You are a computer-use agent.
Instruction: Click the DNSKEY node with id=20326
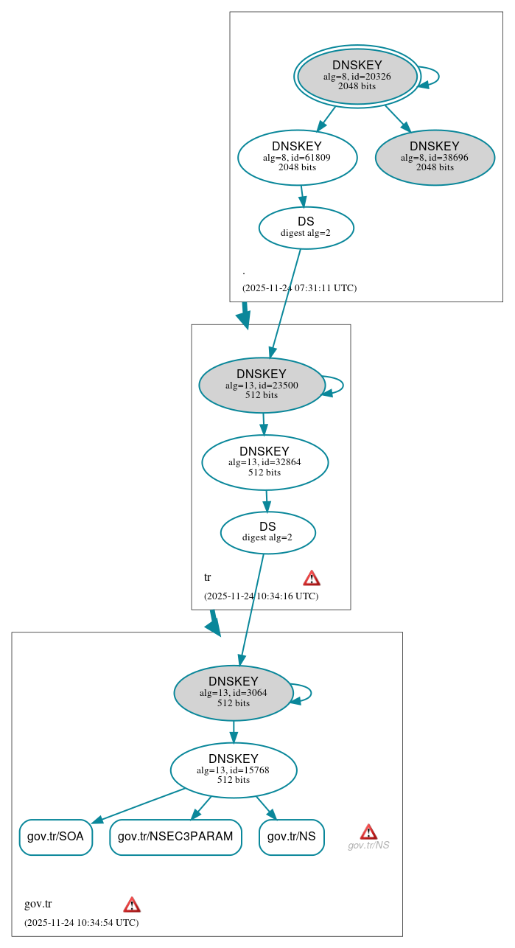pyautogui.click(x=357, y=76)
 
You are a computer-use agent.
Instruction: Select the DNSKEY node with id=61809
pyautogui.click(x=297, y=157)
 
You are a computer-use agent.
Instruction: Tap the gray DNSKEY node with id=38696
pyautogui.click(x=435, y=157)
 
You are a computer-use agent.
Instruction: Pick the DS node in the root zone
pyautogui.click(x=306, y=228)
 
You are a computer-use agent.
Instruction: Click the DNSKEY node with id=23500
pyautogui.click(x=262, y=385)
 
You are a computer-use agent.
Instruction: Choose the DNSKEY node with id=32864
pyautogui.click(x=264, y=462)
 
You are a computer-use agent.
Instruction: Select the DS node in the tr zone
pyautogui.click(x=267, y=532)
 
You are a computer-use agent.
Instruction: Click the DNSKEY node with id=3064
pyautogui.click(x=234, y=693)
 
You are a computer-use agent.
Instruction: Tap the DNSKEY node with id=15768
pyautogui.click(x=234, y=770)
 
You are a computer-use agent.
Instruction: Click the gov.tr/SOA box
pyautogui.click(x=55, y=837)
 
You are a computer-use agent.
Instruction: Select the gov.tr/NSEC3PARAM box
pyautogui.click(x=175, y=837)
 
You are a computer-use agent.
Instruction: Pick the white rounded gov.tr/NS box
pyautogui.click(x=291, y=837)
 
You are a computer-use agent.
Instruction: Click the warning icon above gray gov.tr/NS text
pyautogui.click(x=368, y=832)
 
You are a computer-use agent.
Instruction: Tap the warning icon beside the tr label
pyautogui.click(x=312, y=578)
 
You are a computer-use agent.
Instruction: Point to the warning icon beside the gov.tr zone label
pyautogui.click(x=132, y=905)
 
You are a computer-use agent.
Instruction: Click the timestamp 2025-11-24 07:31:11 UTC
pyautogui.click(x=299, y=288)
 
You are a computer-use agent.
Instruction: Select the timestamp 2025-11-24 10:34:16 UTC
pyautogui.click(x=261, y=596)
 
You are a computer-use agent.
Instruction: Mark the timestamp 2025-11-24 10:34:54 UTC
pyautogui.click(x=81, y=922)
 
